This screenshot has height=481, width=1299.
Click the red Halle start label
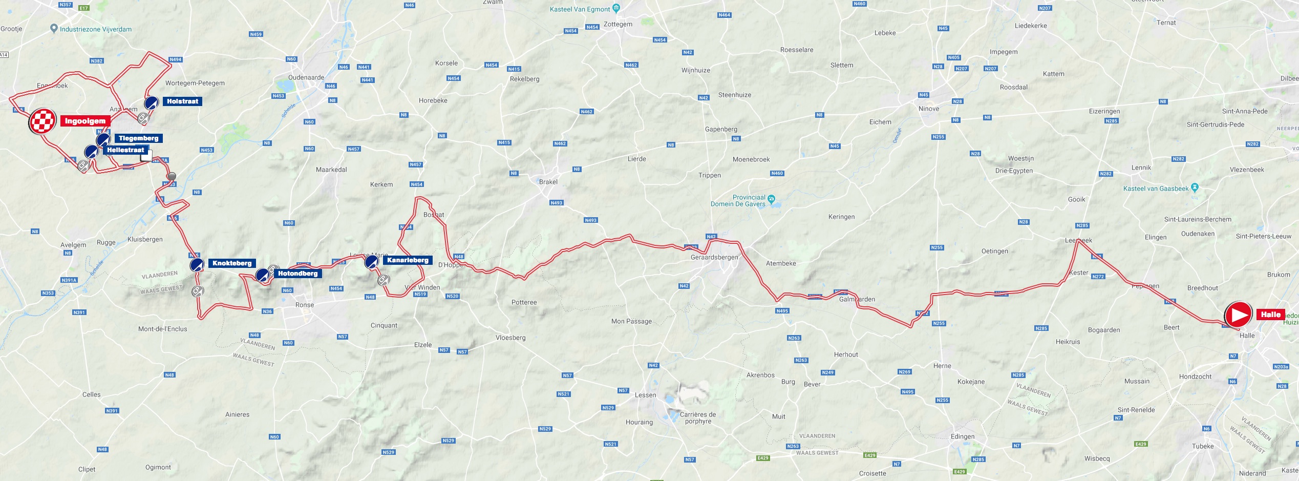(1270, 315)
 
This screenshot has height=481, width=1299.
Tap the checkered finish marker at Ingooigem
(42, 121)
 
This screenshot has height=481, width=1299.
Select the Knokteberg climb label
(232, 263)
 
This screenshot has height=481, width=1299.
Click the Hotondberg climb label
(297, 274)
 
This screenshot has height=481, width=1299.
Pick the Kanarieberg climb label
(408, 260)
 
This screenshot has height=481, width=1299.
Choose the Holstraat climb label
(182, 101)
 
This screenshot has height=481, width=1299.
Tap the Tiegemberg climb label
(138, 138)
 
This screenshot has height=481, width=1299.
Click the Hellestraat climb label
(125, 150)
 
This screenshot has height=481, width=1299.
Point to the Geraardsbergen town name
(714, 257)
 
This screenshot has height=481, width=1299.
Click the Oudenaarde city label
(306, 77)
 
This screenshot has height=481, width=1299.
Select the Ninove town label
(929, 109)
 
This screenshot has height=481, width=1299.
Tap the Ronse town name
(305, 305)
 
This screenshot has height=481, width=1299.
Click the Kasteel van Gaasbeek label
(1156, 189)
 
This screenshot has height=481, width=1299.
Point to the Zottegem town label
(618, 24)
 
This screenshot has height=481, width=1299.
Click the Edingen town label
(963, 436)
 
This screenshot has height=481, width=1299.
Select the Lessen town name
(645, 395)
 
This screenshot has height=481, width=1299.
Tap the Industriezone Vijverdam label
(95, 29)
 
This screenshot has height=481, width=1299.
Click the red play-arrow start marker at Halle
(1238, 315)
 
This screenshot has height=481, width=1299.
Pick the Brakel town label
(548, 182)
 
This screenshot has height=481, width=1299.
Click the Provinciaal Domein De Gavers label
(738, 201)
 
